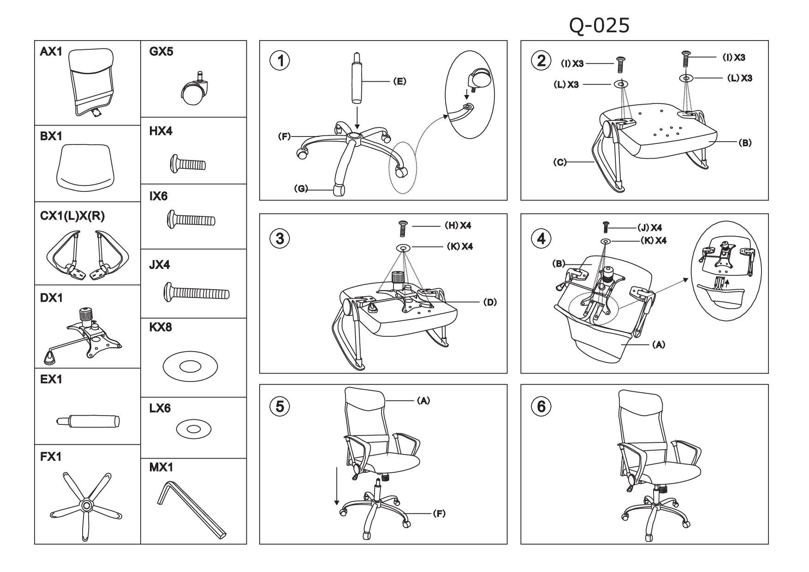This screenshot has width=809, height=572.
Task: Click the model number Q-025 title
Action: (599, 26)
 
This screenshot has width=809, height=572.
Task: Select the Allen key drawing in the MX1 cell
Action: (191, 510)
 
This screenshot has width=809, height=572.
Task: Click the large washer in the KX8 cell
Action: (190, 367)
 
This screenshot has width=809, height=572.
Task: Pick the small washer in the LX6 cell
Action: (194, 429)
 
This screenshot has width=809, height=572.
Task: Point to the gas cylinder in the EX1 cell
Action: (88, 421)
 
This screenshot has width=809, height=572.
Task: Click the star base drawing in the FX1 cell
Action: (86, 505)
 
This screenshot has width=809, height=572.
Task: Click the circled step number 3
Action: (280, 238)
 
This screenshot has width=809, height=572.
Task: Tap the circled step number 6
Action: (541, 406)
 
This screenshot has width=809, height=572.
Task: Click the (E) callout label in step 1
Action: (399, 82)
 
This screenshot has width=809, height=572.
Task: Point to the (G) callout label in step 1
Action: (301, 188)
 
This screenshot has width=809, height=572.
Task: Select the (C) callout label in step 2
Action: (560, 162)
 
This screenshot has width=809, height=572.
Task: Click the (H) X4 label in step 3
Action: (458, 226)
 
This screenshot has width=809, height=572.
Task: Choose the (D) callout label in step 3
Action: (490, 302)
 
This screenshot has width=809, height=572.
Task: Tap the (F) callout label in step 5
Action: (439, 513)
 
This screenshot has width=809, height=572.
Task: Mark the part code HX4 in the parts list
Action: (161, 131)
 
